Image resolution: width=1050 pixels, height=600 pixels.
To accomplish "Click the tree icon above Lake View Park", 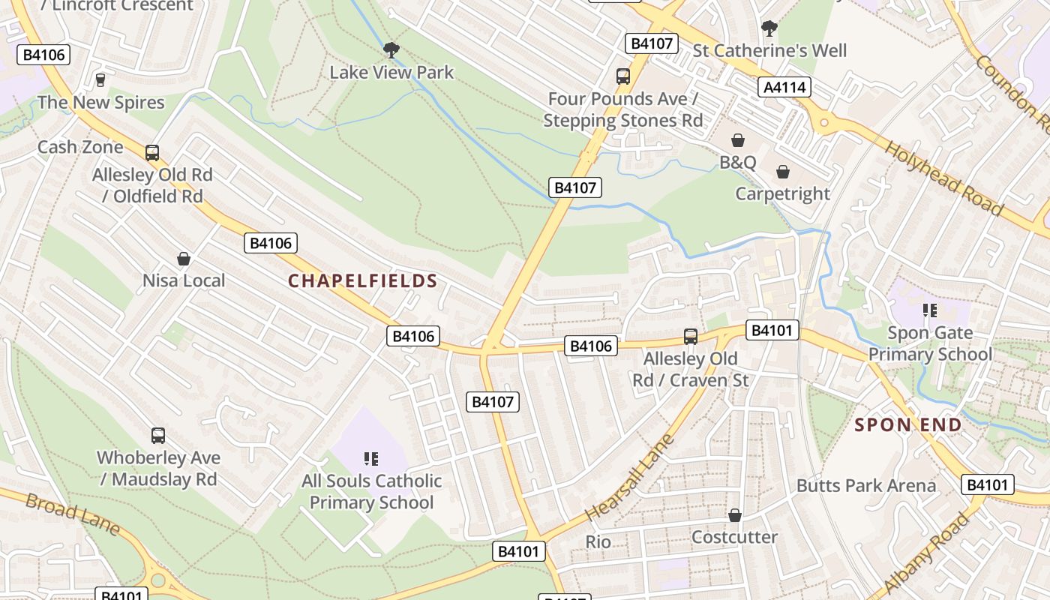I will [x=391, y=50].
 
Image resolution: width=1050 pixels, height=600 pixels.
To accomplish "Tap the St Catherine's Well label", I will [x=769, y=51].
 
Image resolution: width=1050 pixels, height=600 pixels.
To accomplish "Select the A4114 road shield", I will [x=784, y=87].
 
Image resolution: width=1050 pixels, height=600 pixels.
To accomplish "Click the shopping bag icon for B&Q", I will [x=738, y=140].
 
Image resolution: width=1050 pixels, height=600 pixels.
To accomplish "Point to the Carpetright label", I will [x=782, y=193].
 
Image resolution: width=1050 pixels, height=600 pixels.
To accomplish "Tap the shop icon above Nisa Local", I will [x=184, y=259].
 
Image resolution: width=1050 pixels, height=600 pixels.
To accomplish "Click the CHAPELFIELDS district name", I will [x=363, y=280].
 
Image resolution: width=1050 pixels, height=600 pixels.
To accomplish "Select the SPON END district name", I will [x=908, y=425].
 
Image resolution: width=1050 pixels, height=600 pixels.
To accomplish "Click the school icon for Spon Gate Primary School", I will [x=930, y=310].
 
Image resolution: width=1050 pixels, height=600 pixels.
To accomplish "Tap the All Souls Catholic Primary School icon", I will [x=370, y=458].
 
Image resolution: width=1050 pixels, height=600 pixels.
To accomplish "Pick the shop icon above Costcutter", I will [x=735, y=515].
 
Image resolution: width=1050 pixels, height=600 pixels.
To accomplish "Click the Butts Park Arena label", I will [x=866, y=485].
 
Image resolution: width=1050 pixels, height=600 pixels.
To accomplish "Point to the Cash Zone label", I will [x=80, y=147].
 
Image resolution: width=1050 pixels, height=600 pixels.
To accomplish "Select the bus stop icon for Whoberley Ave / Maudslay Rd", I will [x=158, y=435].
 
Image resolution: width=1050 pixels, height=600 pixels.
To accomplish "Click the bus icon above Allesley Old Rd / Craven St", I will [x=691, y=337].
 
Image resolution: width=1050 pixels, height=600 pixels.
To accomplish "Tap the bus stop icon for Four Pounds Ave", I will [x=623, y=76].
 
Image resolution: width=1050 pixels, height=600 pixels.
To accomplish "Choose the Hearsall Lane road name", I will [x=630, y=477].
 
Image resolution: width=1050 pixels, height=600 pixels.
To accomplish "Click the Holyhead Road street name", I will [x=943, y=178].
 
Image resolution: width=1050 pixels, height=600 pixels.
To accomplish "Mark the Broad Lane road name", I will [x=72, y=514].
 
